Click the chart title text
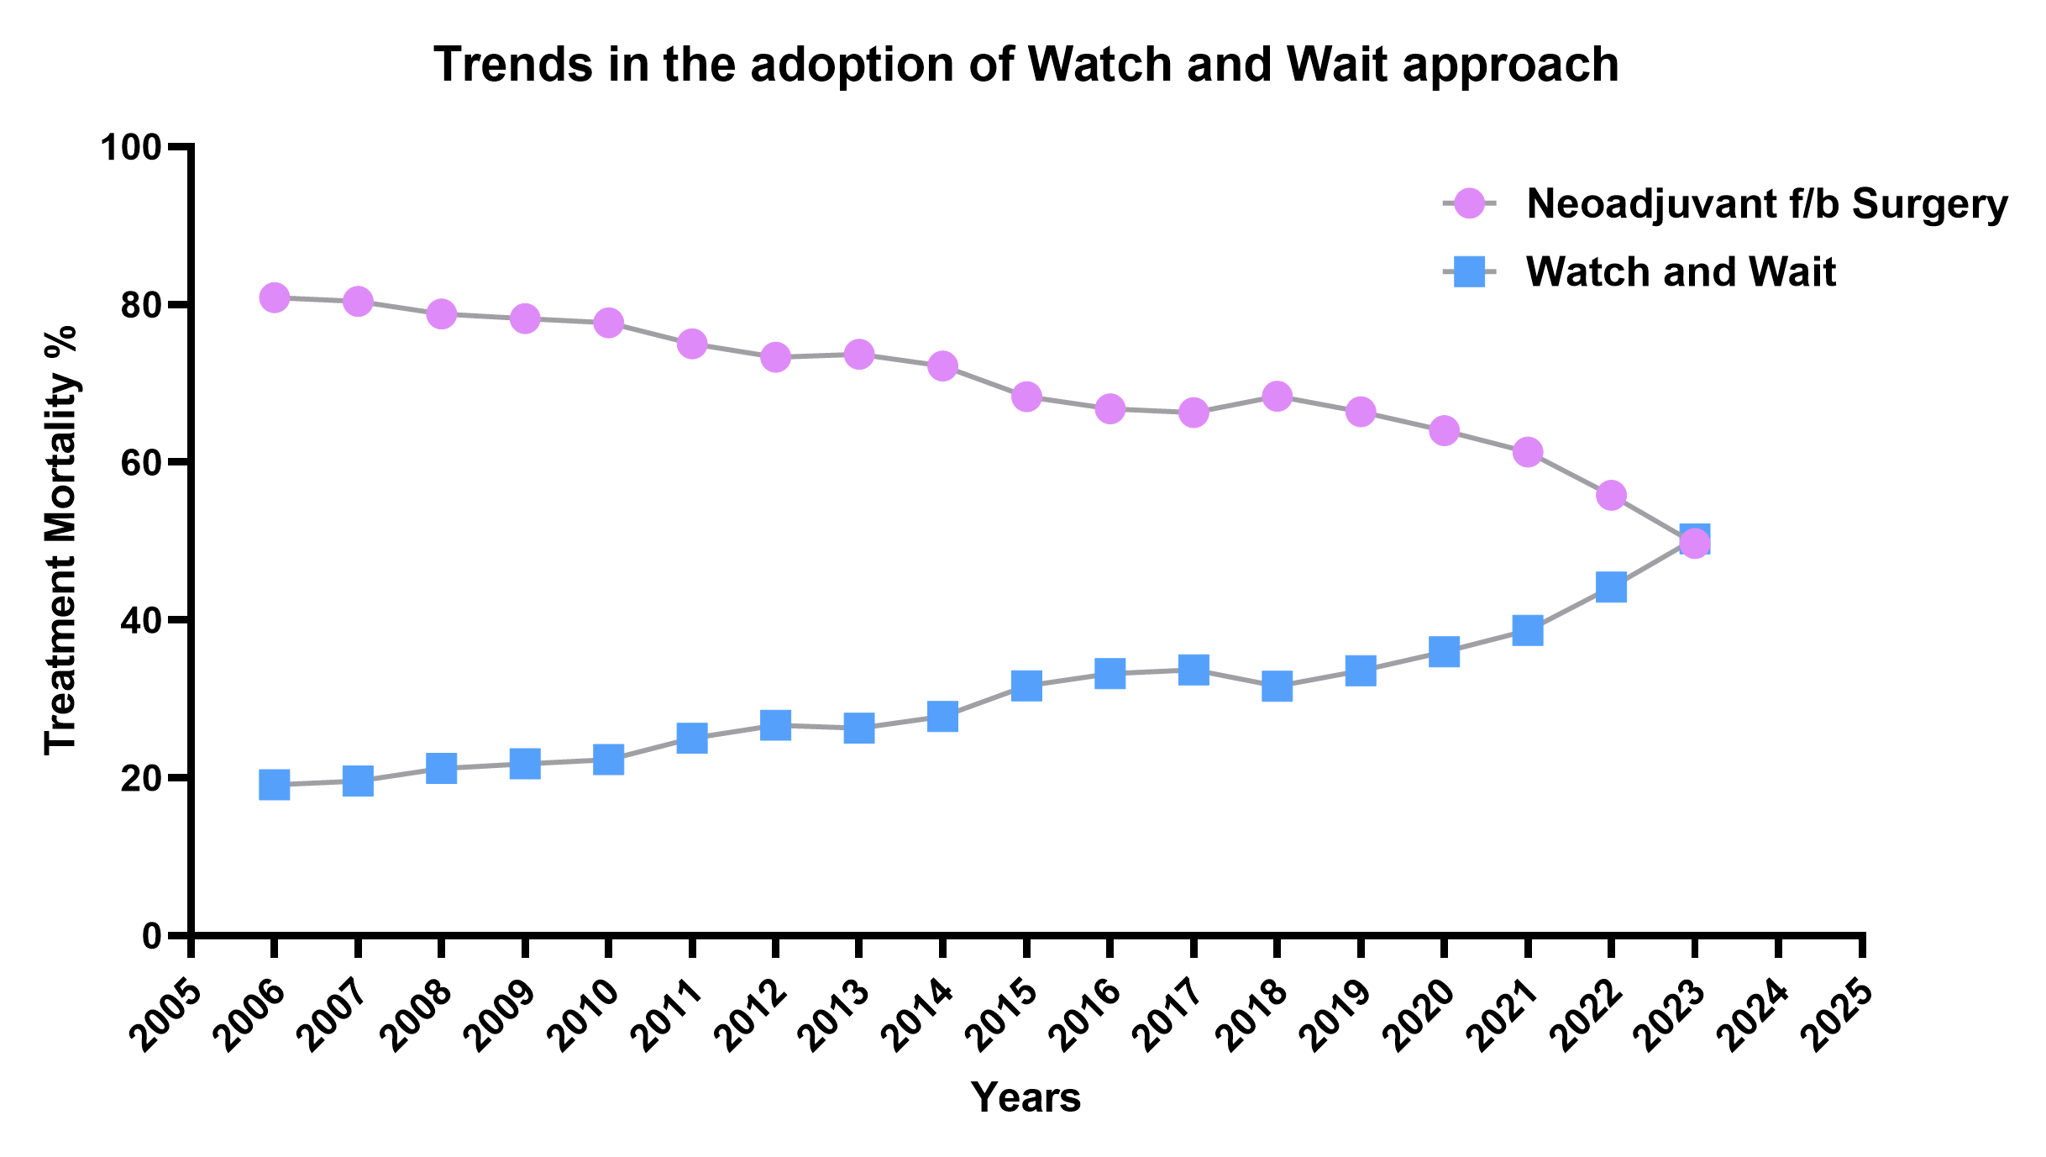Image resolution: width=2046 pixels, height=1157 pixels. [1026, 65]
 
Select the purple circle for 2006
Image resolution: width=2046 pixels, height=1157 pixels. [275, 297]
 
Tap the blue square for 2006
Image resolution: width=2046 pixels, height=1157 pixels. [275, 785]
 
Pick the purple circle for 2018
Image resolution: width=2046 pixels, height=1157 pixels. [1277, 396]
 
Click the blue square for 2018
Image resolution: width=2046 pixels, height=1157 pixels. [1277, 686]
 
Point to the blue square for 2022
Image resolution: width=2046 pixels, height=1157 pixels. [1611, 586]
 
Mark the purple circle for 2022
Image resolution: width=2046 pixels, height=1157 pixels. [1611, 495]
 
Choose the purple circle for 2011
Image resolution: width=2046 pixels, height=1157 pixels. [692, 344]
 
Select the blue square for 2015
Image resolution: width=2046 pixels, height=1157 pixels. [1026, 686]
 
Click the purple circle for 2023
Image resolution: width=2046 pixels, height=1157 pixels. [1695, 543]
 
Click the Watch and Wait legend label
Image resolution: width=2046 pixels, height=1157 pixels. [1681, 272]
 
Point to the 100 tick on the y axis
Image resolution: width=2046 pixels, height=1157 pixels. [181, 147]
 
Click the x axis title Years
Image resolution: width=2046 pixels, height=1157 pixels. [1026, 1098]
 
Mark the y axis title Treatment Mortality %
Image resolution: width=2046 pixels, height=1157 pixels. [60, 540]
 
